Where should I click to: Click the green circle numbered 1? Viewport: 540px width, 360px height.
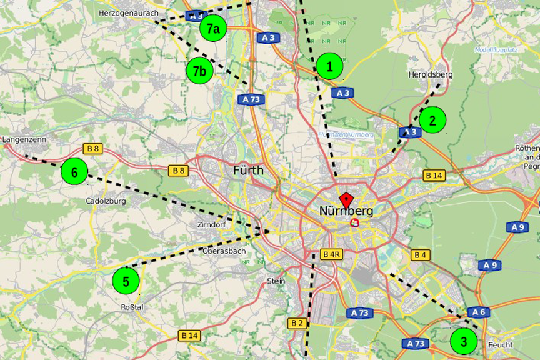pos(329,66)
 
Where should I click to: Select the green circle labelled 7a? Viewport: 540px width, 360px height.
pos(212,29)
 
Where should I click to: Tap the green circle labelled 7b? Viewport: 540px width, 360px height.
pos(199,71)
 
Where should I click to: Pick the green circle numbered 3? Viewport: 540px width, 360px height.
pos(464,342)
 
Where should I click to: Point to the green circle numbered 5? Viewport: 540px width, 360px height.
pos(126,281)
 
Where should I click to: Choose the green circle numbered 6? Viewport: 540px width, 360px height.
pos(74,172)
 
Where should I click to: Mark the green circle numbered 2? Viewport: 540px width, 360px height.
pos(432,120)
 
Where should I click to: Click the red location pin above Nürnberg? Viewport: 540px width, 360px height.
pos(346,201)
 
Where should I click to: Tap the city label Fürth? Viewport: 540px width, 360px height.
pos(248,170)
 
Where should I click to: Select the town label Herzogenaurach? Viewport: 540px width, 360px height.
pos(129,12)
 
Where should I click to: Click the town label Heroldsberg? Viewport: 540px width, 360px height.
pos(430,74)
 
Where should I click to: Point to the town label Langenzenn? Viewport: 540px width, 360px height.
pos(24,139)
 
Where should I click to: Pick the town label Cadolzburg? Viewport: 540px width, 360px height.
pos(106,201)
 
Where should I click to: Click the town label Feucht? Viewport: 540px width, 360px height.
pos(501,344)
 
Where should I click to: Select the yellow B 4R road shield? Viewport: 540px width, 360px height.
pos(331,254)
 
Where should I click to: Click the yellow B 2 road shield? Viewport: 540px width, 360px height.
pos(297,323)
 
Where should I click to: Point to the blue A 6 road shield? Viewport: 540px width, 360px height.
pos(477,312)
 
